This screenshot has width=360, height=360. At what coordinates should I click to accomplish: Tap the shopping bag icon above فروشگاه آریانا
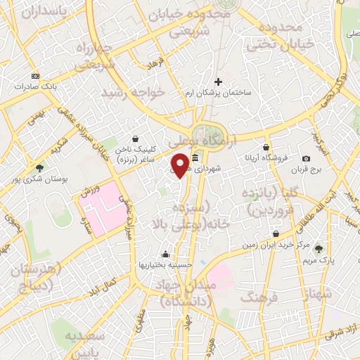click(266, 147)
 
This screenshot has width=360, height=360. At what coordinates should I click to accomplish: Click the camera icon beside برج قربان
click(306, 159)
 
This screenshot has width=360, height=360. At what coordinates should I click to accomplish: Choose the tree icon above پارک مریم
click(319, 247)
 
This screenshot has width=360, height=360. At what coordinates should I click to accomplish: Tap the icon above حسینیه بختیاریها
click(165, 254)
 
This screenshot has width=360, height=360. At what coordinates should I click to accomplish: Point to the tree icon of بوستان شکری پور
click(39, 168)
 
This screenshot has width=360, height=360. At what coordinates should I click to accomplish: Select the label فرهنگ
click(259, 298)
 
